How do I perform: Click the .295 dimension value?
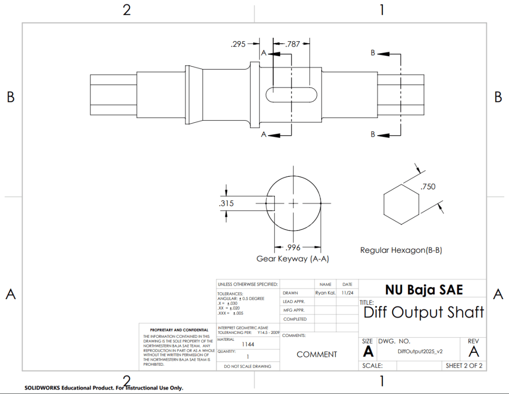pyautogui.click(x=238, y=44)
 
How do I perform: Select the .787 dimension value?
pyautogui.click(x=292, y=44)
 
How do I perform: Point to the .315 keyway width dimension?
pyautogui.click(x=226, y=204)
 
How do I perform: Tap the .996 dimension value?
pyautogui.click(x=293, y=247)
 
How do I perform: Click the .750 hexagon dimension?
pyautogui.click(x=428, y=187)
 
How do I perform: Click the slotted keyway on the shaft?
pyautogui.click(x=291, y=94)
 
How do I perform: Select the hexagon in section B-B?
pyautogui.click(x=401, y=205)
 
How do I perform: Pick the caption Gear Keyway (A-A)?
pyautogui.click(x=292, y=259)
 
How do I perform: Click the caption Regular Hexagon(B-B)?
pyautogui.click(x=401, y=250)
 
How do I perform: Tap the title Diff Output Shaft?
pyautogui.click(x=424, y=312)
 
